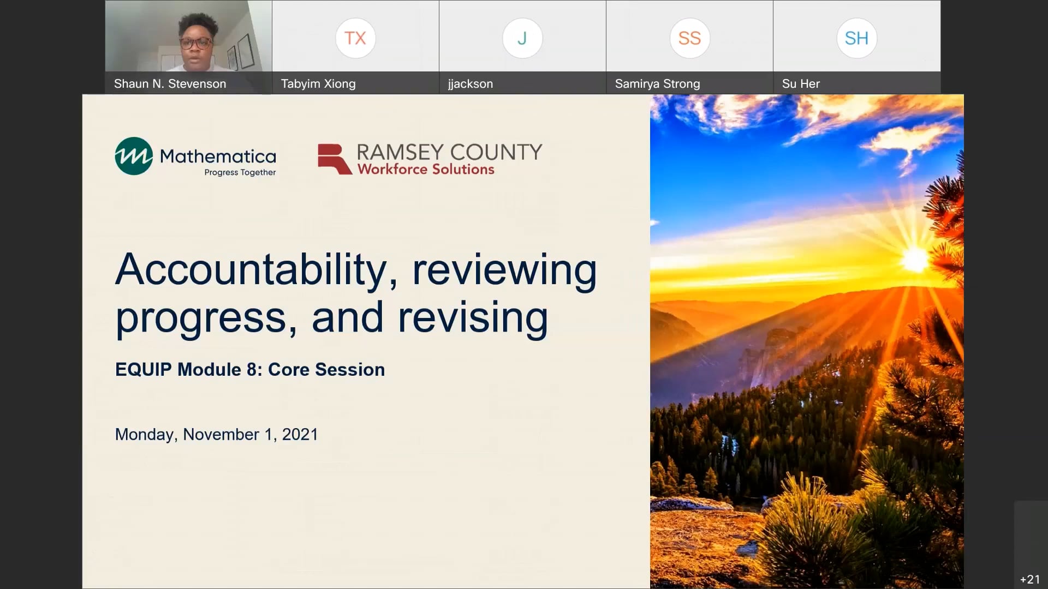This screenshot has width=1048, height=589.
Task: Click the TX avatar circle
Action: point(355,38)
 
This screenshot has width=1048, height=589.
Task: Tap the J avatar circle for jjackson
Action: point(522,38)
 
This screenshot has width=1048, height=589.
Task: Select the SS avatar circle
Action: point(689,38)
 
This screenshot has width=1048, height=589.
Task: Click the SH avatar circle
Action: point(856,38)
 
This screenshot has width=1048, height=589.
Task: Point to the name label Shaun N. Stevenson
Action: point(170,84)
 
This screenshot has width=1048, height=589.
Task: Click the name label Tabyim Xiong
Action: point(318,84)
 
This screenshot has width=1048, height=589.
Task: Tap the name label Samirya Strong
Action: point(657,84)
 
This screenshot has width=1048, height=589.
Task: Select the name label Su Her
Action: point(801,84)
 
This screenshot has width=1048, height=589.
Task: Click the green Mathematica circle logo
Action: point(134,156)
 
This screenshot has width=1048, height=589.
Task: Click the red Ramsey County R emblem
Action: point(334,159)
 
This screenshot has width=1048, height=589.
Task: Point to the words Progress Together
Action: point(240,172)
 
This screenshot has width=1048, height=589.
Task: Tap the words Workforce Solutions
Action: point(426,170)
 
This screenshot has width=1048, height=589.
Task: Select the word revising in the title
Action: point(473,318)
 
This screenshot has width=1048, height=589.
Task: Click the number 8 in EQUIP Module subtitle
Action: point(252,370)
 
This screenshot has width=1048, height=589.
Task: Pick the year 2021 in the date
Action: point(300,435)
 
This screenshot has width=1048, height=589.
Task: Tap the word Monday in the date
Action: point(145,435)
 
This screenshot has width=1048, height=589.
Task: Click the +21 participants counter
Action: point(1030,579)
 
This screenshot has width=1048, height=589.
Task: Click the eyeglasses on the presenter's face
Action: point(195,43)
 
